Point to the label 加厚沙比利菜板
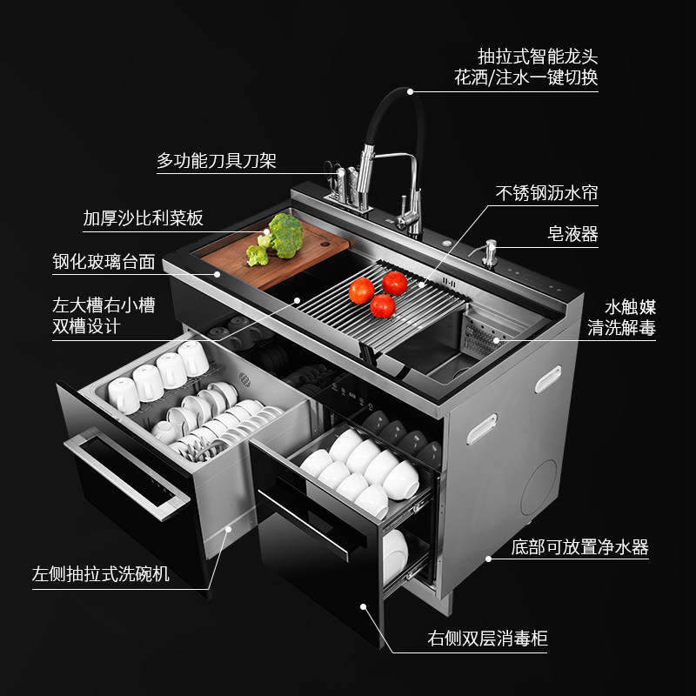[x=144, y=217]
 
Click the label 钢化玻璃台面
[x=104, y=260]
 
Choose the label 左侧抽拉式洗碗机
[x=101, y=576]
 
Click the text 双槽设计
[x=86, y=326]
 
